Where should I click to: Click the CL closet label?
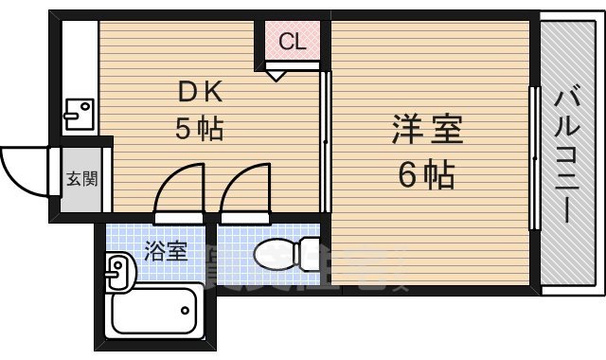point(292,42)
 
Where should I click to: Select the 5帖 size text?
point(199,130)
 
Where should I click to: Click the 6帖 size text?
point(427,174)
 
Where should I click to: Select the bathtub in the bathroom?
point(154,311)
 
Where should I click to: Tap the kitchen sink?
point(77,114)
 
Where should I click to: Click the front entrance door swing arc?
point(23,169)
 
